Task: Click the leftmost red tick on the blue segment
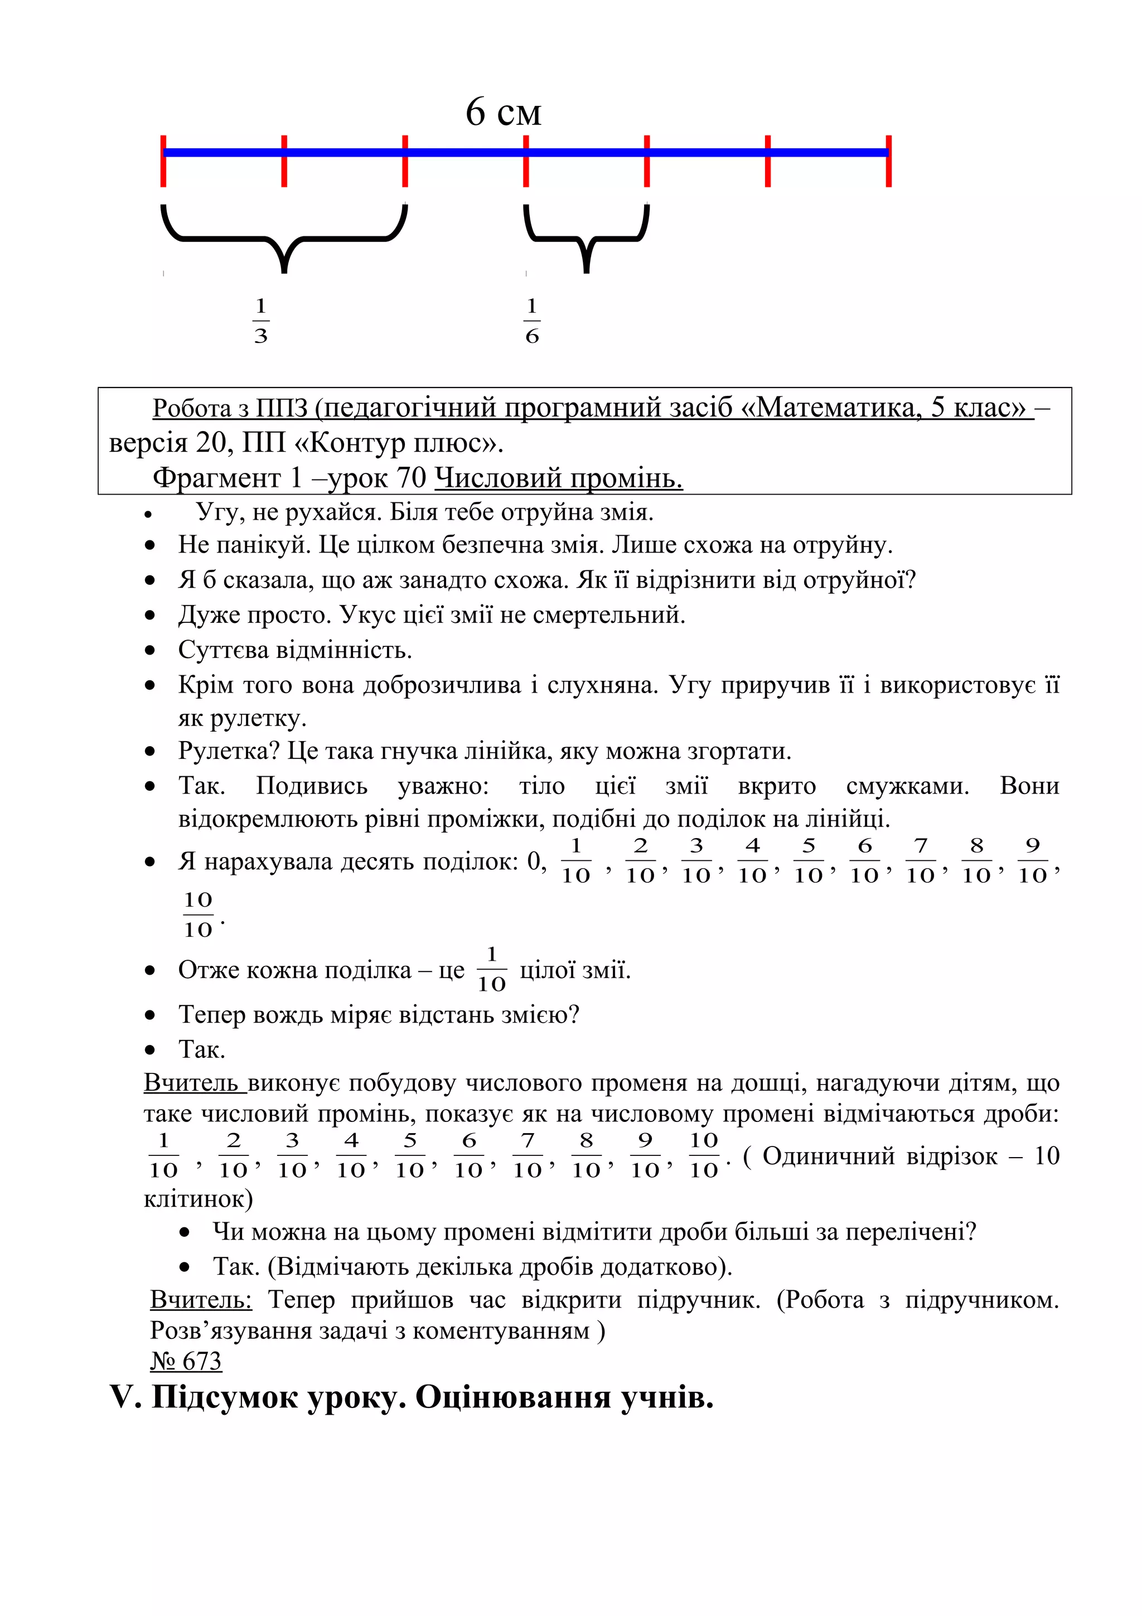163,161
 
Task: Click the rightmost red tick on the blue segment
889,161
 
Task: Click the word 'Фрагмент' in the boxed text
216,478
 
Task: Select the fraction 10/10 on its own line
198,915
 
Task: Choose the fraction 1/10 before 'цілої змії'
491,969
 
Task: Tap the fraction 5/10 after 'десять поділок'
809,860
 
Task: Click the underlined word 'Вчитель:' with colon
201,1299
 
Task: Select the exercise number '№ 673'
186,1361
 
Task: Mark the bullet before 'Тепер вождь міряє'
150,1015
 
